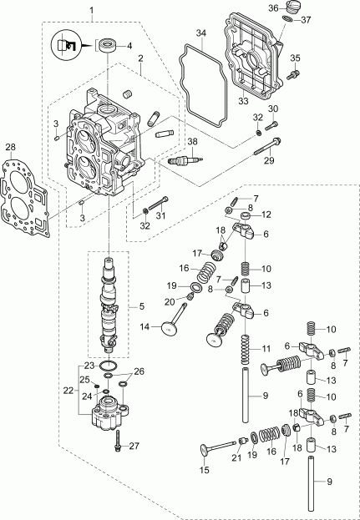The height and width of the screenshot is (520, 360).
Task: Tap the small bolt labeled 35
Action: tap(292, 75)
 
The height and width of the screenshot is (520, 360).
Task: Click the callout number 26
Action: tap(139, 372)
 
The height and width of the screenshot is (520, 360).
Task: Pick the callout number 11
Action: tap(266, 346)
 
